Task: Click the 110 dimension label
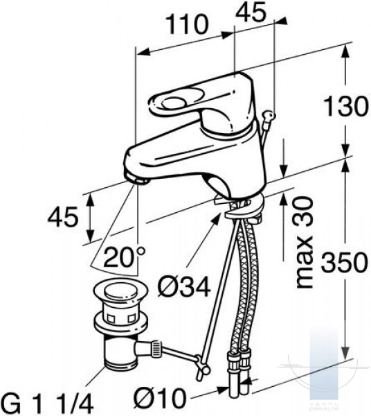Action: pyautogui.click(x=187, y=24)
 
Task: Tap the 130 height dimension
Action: pyautogui.click(x=346, y=106)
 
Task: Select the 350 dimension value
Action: pyautogui.click(x=344, y=262)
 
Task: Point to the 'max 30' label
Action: pyautogui.click(x=304, y=242)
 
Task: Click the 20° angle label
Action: pyautogui.click(x=124, y=257)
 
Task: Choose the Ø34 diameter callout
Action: pyautogui.click(x=184, y=287)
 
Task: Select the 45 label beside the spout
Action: pyautogui.click(x=63, y=217)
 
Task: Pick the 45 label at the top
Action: pyautogui.click(x=251, y=12)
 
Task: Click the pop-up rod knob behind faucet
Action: pyautogui.click(x=269, y=115)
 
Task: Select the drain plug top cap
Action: pyautogui.click(x=120, y=292)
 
